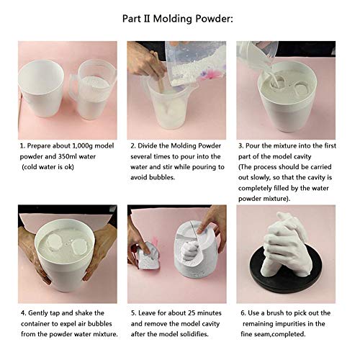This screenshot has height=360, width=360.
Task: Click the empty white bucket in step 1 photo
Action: pos(41,88)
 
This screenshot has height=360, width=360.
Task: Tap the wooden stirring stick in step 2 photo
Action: pos(158,72)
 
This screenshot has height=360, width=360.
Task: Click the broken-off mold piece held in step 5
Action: pos(148,254)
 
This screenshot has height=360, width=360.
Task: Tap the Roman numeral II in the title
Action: pos(147,19)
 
